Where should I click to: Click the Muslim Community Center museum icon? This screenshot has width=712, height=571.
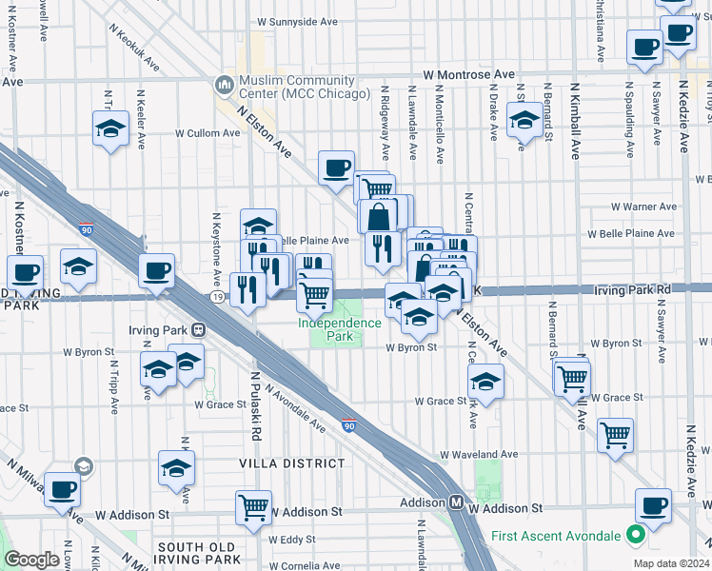pyautogui.click(x=225, y=86)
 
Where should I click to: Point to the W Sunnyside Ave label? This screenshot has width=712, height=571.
pyautogui.click(x=297, y=20)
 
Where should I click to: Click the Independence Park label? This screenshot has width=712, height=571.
pyautogui.click(x=339, y=329)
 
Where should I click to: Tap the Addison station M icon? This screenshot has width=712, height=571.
pyautogui.click(x=457, y=502)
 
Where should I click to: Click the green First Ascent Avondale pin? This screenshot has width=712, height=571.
pyautogui.click(x=630, y=536)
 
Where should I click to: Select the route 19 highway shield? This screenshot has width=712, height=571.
pyautogui.click(x=218, y=297)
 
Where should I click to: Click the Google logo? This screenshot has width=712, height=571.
pyautogui.click(x=32, y=560)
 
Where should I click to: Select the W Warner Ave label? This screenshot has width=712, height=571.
pyautogui.click(x=643, y=206)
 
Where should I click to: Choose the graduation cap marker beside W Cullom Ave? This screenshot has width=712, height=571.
pyautogui.click(x=110, y=128)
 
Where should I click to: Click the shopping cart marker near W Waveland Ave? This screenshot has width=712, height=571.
pyautogui.click(x=615, y=436)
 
